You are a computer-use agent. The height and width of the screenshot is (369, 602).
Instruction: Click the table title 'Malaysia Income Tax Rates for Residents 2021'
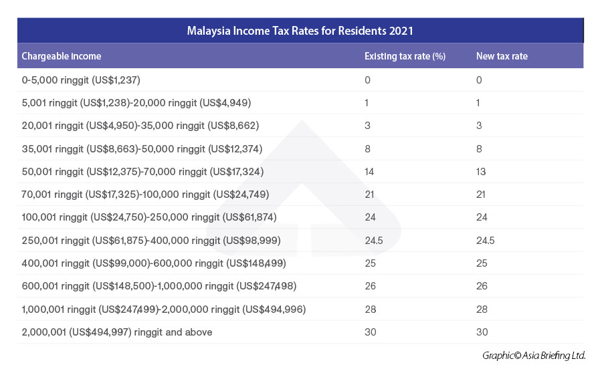pos(300,31)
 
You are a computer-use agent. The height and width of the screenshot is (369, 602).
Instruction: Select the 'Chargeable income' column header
pos(62,56)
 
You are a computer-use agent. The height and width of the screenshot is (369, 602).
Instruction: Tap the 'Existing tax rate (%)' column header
pos(405,56)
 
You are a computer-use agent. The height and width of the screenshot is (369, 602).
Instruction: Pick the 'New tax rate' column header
pos(502,56)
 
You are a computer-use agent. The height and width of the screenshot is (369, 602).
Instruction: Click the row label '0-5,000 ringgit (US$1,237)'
pos(81,80)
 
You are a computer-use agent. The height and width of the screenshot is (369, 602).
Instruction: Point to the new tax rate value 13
pos(482,172)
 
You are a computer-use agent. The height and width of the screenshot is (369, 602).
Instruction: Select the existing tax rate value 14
pos(370,172)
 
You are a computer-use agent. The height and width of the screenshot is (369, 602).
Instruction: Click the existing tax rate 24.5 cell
pos(373,241)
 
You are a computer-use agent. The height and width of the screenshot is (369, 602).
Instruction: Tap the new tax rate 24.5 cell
pos(485,241)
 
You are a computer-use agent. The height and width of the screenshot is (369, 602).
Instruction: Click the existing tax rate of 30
pos(370,332)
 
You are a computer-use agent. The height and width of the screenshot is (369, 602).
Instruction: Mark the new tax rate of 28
pos(482,310)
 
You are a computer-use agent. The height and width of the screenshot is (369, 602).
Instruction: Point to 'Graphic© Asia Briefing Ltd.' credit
pos(534,356)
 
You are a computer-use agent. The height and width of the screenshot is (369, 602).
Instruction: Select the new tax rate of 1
pos(479,103)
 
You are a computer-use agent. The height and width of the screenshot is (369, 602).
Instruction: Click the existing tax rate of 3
pos(367,126)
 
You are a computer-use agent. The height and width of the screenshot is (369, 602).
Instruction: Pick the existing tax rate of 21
pos(370,195)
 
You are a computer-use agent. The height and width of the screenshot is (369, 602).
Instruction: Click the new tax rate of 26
pos(482,286)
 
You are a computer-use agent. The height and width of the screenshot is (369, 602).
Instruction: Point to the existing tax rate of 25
pos(370,263)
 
